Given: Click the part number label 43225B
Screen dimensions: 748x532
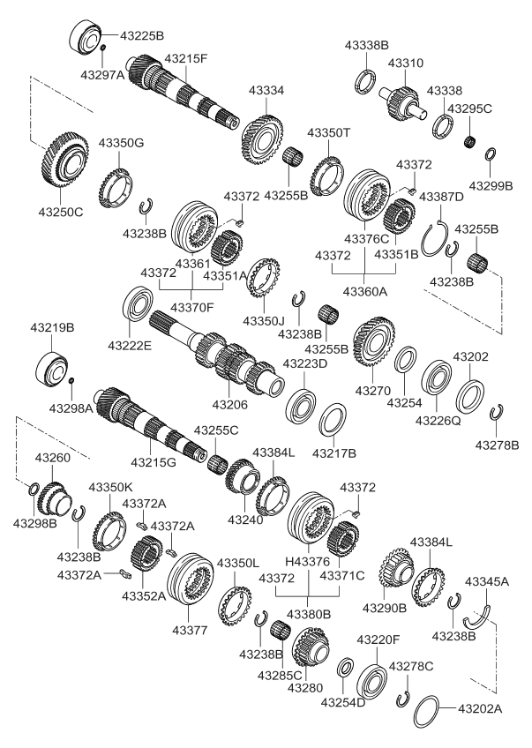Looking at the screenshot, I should point(141,36).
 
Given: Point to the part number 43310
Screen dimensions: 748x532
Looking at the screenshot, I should point(408,64).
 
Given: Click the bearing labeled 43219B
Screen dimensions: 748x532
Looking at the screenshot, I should point(56,369).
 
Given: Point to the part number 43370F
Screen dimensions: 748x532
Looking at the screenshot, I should point(191,308).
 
